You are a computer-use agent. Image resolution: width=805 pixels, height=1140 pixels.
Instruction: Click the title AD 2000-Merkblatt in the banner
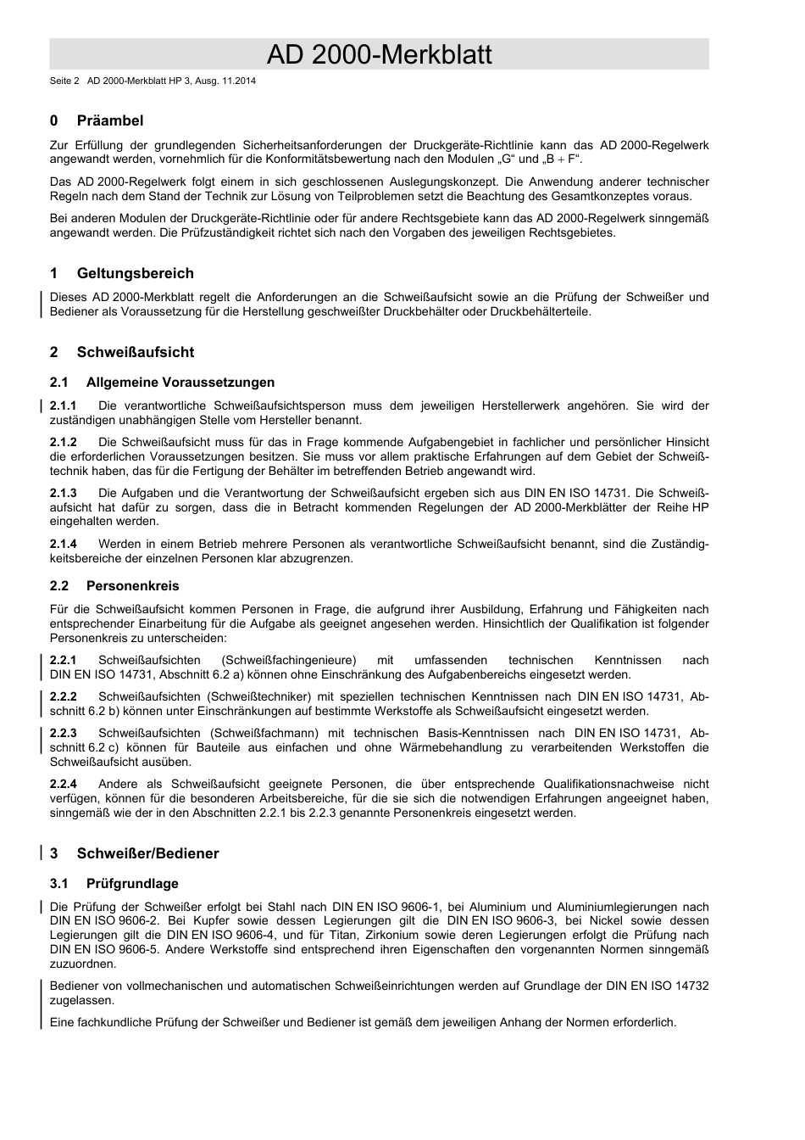[379, 54]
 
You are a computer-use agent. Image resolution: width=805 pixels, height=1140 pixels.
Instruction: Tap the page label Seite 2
[64, 81]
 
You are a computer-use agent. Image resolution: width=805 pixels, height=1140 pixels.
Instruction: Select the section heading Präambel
[109, 120]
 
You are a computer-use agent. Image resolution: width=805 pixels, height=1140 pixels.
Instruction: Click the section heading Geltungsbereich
[135, 273]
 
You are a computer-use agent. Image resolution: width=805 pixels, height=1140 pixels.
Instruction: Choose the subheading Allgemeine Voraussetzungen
[180, 383]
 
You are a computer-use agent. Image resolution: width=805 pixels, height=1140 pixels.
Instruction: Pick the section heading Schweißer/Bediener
[147, 853]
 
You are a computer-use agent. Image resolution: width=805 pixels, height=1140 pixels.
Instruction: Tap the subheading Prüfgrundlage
[132, 884]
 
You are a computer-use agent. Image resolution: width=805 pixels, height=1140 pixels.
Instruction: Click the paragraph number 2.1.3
[64, 493]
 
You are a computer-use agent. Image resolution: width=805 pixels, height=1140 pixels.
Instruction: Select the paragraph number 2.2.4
[64, 785]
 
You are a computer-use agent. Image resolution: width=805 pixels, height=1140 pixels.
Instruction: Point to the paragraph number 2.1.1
[64, 405]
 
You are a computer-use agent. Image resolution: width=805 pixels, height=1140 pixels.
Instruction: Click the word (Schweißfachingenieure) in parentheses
[289, 660]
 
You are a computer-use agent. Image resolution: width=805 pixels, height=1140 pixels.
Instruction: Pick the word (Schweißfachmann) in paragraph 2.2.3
[264, 733]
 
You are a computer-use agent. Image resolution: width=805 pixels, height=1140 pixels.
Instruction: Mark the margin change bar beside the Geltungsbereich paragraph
[42, 304]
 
